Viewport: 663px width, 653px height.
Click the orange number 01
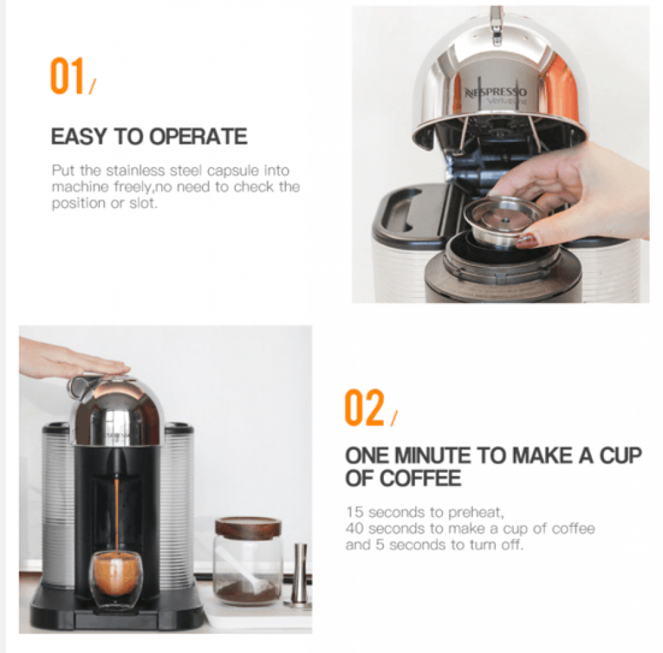point(67,76)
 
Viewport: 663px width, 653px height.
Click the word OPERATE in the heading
point(198,137)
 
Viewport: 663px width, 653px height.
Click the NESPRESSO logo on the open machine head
point(496,92)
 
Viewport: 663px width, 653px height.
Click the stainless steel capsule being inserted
point(503,220)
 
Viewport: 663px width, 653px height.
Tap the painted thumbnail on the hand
point(527,240)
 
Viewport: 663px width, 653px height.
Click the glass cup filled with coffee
point(116,573)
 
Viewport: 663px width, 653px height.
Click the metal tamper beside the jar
point(300,575)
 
